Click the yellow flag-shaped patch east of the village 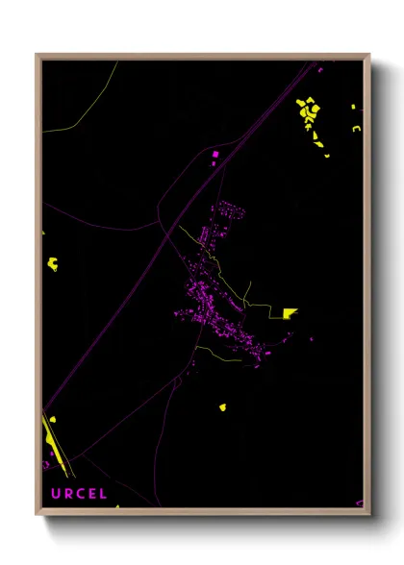pyautogui.click(x=290, y=312)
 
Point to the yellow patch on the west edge pyautogui.click(x=53, y=262)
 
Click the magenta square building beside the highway pyautogui.click(x=215, y=153)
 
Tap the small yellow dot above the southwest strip pyautogui.click(x=51, y=420)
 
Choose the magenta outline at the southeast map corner pyautogui.click(x=360, y=502)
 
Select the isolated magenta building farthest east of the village pyautogui.click(x=311, y=339)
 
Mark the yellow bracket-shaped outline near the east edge pyautogui.click(x=356, y=128)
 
